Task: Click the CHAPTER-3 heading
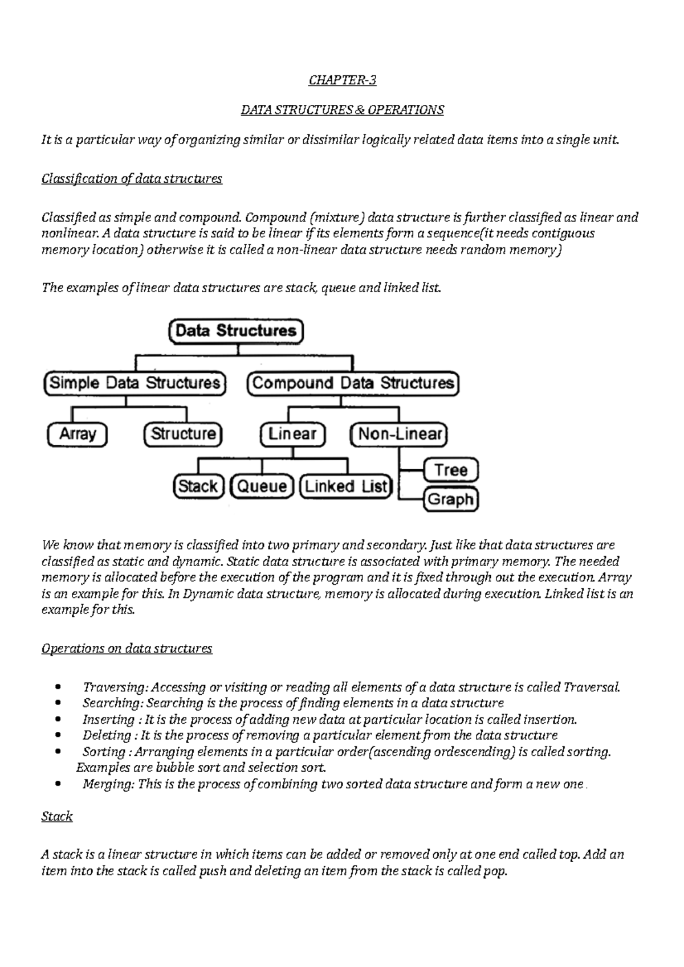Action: click(342, 80)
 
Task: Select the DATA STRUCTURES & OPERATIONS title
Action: click(342, 110)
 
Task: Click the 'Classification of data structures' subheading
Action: click(132, 179)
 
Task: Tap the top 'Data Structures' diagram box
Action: click(236, 331)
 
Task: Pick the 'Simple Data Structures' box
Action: click(135, 383)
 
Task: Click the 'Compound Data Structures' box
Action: click(353, 383)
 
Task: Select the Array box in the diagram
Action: click(78, 435)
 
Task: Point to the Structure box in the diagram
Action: click(183, 435)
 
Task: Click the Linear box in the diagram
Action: click(292, 435)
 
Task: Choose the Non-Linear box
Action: click(399, 435)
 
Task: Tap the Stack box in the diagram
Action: click(198, 486)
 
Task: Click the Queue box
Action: click(262, 486)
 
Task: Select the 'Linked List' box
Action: click(345, 486)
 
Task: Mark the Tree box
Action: click(450, 470)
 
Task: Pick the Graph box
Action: click(450, 499)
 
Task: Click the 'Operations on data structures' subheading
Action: click(127, 649)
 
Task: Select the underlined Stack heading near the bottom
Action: click(57, 816)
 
